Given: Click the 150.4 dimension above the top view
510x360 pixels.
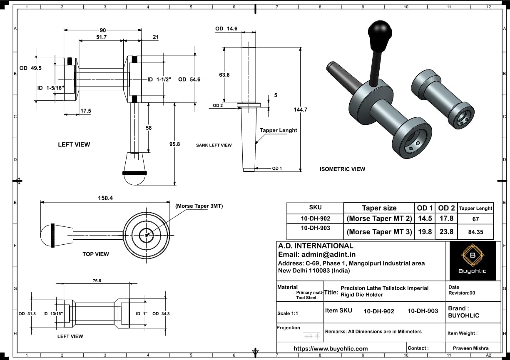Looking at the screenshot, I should coord(105,198).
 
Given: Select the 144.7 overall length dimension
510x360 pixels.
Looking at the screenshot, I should coord(300,109).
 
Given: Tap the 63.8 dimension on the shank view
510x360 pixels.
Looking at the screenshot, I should coord(224,75).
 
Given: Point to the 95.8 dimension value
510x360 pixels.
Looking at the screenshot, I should coord(174,144).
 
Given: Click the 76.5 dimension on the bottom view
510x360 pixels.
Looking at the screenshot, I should coord(97,281).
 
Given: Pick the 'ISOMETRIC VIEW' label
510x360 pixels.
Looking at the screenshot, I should coord(342,169).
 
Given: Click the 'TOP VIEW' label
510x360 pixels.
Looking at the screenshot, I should coord(96,254).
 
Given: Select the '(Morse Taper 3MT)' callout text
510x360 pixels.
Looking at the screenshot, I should coord(199,206).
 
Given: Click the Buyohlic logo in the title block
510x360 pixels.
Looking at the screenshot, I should coord(472,261).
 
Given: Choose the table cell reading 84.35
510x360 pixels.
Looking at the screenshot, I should coord(475,232).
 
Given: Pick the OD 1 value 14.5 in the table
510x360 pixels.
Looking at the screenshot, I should coord(425,218).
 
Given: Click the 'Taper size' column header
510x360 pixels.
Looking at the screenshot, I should coord(379,208).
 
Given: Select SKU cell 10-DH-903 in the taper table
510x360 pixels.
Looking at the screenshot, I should coord(315,228).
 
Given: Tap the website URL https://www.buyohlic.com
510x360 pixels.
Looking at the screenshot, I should coord(331,349).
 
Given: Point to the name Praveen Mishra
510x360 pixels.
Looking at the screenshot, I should coord(473,348).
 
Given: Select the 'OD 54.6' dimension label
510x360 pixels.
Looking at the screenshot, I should coord(189,79).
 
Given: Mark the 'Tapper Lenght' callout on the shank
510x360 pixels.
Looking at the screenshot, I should coord(279,130).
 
